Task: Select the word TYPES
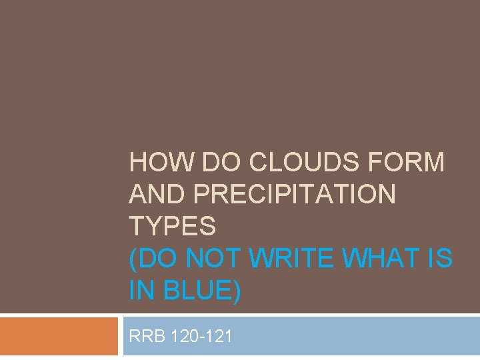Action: pyautogui.click(x=173, y=227)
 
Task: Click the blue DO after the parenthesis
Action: pyautogui.click(x=155, y=259)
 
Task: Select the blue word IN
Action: pyautogui.click(x=141, y=291)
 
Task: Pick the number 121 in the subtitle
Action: pyautogui.click(x=219, y=336)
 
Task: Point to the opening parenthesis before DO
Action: pyautogui.click(x=133, y=259)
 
